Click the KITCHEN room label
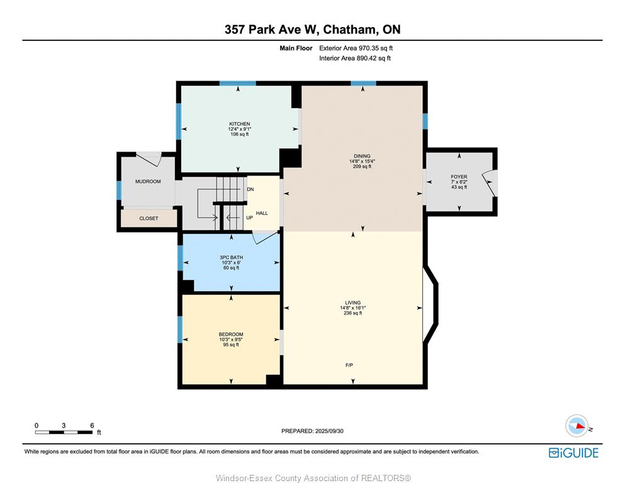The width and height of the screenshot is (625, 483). point(240,124)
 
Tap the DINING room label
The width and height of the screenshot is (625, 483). point(362,156)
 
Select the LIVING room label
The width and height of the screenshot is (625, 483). point(352,303)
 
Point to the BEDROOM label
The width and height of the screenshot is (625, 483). point(231,335)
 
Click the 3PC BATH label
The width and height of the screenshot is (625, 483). point(231,258)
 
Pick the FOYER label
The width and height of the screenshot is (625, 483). point(459,177)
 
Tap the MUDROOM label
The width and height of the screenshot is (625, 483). point(148,182)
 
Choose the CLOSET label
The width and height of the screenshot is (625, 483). point(149,219)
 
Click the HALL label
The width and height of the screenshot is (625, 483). point(262,213)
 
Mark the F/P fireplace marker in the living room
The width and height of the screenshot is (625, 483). point(349,365)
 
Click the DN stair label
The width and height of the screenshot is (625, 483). point(251,189)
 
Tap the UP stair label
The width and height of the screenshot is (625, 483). point(249,218)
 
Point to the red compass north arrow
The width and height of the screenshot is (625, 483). point(580,426)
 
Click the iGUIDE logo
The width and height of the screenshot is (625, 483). point(573,453)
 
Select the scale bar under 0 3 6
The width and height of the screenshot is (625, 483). point(64,432)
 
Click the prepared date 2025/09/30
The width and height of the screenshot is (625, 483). point(329,431)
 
